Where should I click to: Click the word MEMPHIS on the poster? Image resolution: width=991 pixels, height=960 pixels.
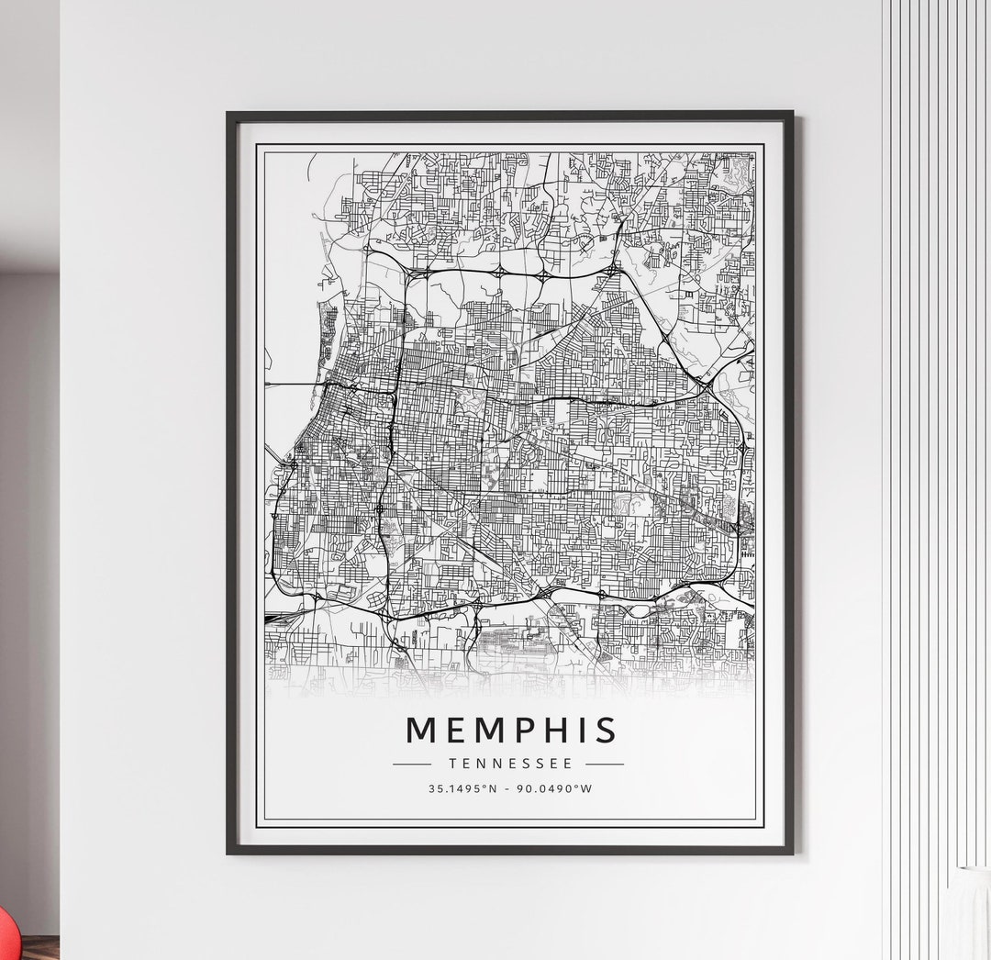point(511,730)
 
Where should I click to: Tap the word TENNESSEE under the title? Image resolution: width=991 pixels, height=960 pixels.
point(511,764)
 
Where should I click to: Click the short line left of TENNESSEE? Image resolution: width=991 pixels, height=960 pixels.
point(412,764)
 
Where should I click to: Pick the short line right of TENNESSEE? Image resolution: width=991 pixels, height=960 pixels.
point(605,764)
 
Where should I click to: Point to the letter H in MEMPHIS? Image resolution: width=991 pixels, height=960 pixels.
point(556,730)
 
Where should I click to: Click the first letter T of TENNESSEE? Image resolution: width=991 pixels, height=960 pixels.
point(452,764)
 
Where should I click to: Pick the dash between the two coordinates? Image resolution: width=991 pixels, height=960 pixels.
point(510,788)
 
